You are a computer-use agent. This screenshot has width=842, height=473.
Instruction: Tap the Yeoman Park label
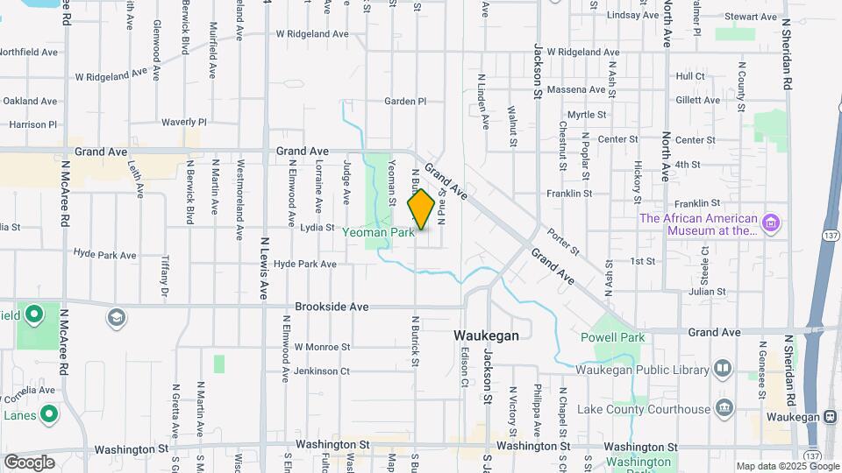(x=378, y=233)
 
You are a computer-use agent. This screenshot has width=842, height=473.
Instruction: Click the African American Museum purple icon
(x=771, y=223)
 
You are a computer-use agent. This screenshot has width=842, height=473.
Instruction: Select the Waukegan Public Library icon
(x=723, y=369)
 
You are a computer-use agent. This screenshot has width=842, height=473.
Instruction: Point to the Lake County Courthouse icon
(x=724, y=408)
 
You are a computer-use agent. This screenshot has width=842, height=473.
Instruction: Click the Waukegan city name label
(x=486, y=335)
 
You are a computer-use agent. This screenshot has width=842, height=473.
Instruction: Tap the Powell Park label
(x=612, y=337)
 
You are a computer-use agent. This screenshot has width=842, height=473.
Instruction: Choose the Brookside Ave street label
(x=332, y=307)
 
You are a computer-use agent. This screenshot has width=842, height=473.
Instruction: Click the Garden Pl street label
(x=405, y=102)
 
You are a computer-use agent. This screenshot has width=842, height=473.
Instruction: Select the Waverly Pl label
(x=183, y=122)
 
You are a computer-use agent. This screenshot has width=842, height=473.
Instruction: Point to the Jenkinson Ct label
(x=322, y=371)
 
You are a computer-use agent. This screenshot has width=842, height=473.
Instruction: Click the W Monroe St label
(x=322, y=347)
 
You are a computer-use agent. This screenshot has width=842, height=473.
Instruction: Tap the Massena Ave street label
(x=576, y=89)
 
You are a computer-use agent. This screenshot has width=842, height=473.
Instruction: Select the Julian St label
(x=710, y=292)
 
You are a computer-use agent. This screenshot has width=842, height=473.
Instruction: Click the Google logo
(x=29, y=462)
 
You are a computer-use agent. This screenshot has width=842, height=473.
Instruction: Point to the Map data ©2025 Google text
(x=788, y=466)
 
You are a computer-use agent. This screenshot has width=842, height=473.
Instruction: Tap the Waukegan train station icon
(x=830, y=417)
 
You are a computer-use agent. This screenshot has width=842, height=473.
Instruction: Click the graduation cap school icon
(x=116, y=316)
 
